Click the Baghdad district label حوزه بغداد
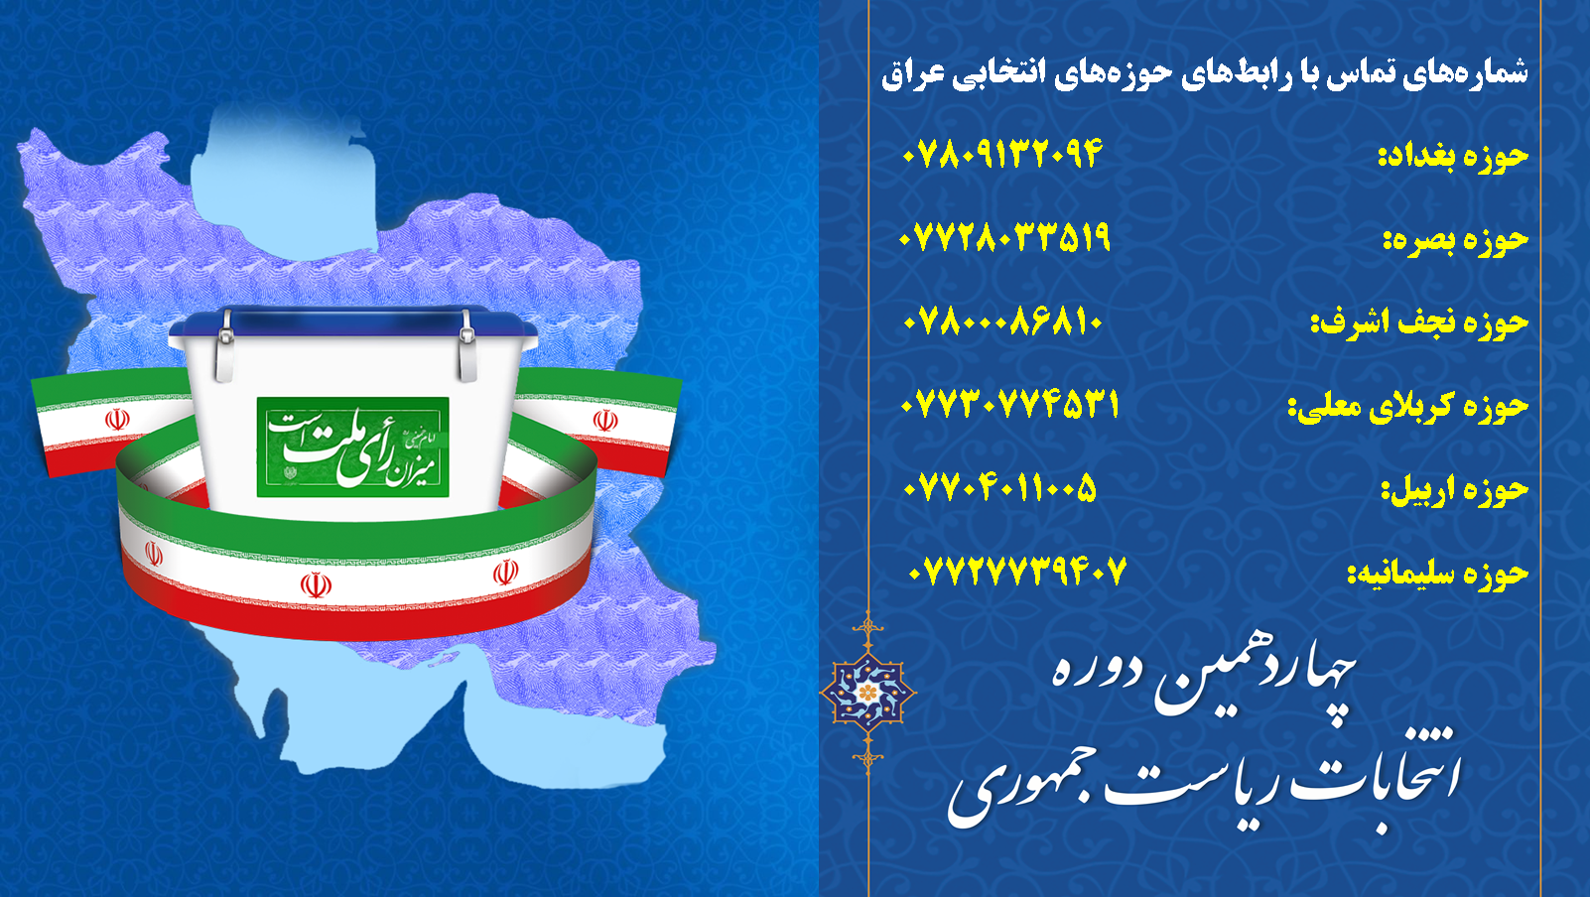[1453, 156]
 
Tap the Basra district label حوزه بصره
[1455, 240]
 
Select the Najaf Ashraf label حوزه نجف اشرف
[1419, 323]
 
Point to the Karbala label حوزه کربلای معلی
[1408, 407]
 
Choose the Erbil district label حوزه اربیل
[1454, 490]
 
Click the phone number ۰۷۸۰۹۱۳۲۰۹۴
[1001, 153]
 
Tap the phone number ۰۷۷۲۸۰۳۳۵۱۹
[1003, 236]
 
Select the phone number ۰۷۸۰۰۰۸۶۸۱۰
[1002, 322]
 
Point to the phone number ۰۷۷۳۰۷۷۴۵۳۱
[1009, 405]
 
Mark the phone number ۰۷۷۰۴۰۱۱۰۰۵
[1000, 488]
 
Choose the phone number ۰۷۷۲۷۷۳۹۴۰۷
[1017, 572]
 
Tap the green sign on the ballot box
[352, 448]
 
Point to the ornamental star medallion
[867, 692]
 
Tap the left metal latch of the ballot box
[225, 346]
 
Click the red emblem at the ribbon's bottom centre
[316, 585]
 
